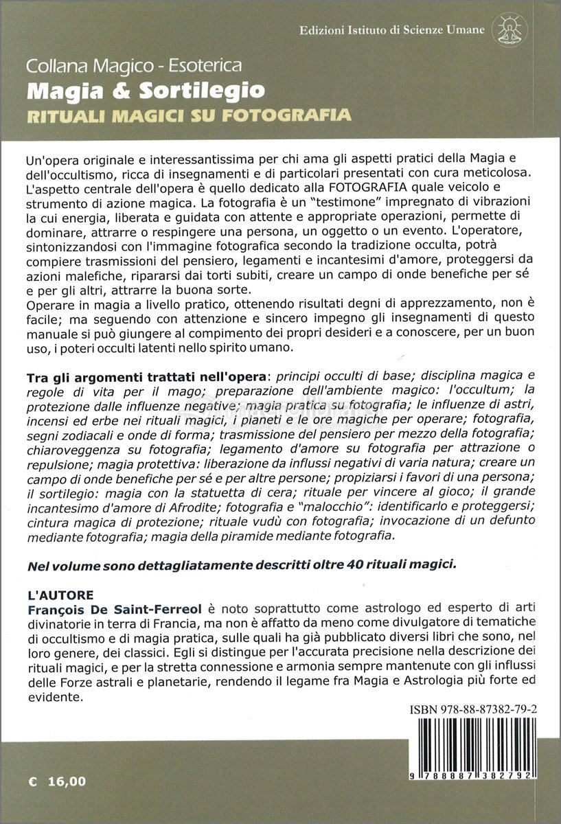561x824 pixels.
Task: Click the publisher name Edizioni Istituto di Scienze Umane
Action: tap(392, 30)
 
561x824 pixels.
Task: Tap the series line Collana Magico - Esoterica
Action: tap(134, 67)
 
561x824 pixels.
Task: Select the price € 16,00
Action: tap(58, 781)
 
